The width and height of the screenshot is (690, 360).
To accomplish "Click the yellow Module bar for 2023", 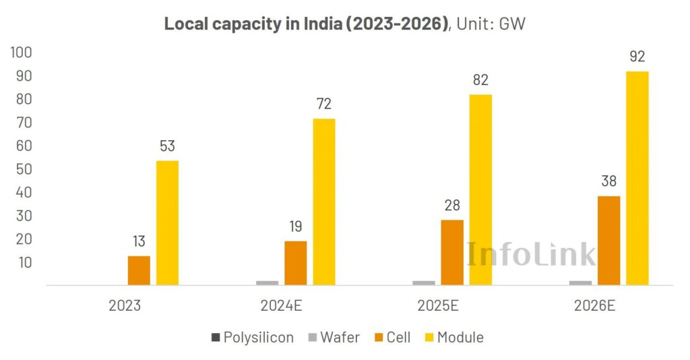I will point(167,222).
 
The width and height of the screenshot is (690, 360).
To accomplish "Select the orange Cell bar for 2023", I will point(139,270).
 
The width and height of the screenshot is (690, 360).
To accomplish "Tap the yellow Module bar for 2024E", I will point(323,202).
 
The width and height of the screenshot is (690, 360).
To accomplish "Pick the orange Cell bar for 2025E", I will point(452,252).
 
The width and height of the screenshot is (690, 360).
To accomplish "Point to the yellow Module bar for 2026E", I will point(637,178).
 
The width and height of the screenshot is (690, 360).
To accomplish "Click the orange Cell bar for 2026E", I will point(608,240).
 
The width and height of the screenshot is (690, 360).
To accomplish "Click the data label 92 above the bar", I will point(637,57).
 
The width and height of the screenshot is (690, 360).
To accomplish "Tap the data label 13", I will point(139,241).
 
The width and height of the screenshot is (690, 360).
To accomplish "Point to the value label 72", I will point(323,104).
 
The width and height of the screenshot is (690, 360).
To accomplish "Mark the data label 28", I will point(452,206).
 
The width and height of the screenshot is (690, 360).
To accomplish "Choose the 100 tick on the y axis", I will point(22,53).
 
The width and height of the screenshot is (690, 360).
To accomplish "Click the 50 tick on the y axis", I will point(24,169).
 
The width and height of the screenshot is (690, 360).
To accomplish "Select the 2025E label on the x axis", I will point(440,305).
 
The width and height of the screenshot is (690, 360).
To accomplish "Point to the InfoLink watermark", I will point(532,254).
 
